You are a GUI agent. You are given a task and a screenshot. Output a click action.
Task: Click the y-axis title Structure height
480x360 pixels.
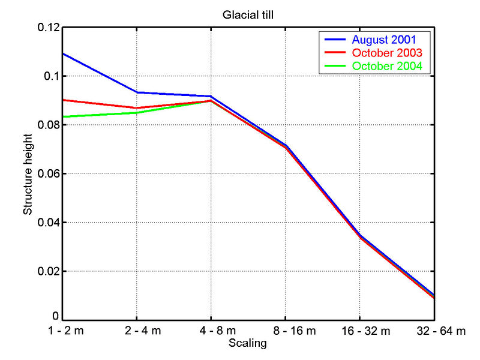(x=28, y=173)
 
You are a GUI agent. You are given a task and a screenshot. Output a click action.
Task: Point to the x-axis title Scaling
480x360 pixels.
(x=248, y=344)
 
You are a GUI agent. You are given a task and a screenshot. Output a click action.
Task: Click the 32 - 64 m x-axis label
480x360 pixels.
(x=441, y=331)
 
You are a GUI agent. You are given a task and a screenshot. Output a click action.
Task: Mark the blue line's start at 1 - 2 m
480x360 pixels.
(x=63, y=53)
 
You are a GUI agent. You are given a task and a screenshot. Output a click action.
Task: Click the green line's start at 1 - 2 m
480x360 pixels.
(x=63, y=116)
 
